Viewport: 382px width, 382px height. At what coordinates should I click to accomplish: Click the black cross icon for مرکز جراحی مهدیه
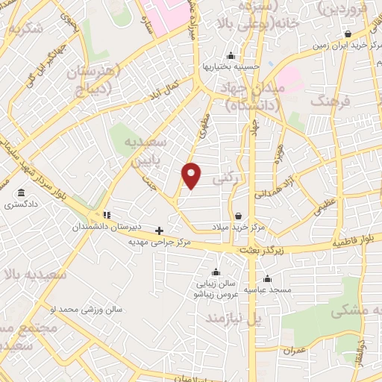[159, 231]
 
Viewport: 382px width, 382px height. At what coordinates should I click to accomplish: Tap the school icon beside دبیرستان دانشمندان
[106, 215]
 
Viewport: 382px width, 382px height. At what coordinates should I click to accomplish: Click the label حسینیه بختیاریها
[231, 66]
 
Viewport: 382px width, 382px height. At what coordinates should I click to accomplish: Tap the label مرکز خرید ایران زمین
[349, 45]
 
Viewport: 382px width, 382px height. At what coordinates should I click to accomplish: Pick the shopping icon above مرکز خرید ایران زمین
[348, 34]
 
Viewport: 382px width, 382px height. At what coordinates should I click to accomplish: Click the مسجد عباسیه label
[269, 289]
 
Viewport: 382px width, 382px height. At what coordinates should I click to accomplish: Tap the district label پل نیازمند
[236, 319]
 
